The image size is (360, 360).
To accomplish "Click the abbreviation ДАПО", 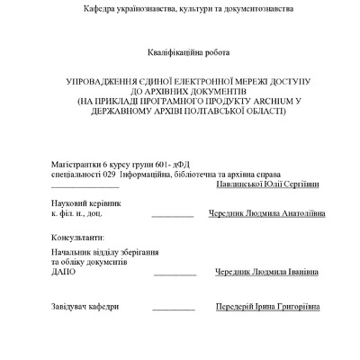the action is [x=64, y=271].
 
